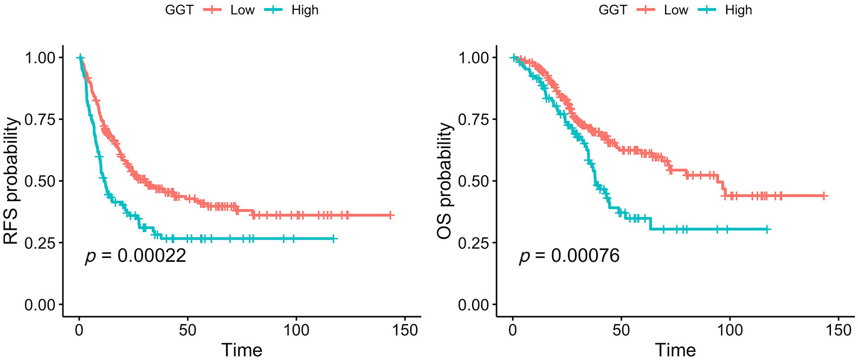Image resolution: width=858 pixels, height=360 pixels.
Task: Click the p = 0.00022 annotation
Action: (x=136, y=255)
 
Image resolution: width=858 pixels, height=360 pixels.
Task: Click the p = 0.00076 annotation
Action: (x=569, y=255)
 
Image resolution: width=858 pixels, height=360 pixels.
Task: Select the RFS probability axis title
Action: (x=12, y=181)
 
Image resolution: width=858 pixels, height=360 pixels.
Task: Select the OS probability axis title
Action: (x=446, y=181)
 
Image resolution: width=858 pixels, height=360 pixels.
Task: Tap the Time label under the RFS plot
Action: (x=242, y=350)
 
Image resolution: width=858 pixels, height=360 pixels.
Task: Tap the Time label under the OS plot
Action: (x=675, y=350)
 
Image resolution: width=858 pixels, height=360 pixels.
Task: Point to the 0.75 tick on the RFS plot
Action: (x=40, y=119)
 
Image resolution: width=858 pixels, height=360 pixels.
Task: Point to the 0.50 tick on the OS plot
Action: (x=474, y=181)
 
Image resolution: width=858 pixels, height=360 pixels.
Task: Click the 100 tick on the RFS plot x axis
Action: (x=296, y=330)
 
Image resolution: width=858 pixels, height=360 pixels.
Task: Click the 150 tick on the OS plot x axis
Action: (x=838, y=330)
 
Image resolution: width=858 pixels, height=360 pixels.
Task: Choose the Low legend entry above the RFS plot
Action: (x=242, y=10)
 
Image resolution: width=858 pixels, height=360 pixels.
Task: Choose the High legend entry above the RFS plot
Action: (x=305, y=10)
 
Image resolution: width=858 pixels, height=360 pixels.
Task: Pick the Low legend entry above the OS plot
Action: (x=675, y=10)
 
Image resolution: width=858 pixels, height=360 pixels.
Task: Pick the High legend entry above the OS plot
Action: (x=738, y=10)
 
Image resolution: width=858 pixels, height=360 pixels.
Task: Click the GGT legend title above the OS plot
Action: (x=612, y=10)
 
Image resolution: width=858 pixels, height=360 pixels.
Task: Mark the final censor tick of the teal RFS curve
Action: (x=334, y=239)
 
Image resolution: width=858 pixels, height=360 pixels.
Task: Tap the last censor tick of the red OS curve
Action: (x=824, y=195)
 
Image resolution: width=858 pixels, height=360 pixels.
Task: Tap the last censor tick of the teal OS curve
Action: (x=767, y=229)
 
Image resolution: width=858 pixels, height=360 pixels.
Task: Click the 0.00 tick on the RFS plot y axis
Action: (x=40, y=305)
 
